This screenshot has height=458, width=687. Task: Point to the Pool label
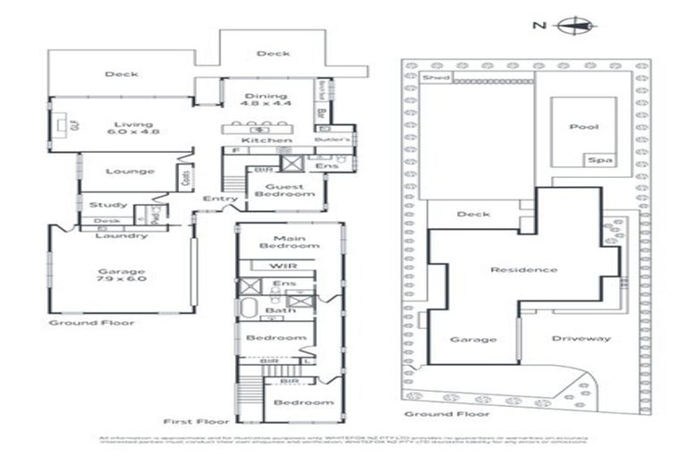coord(583,127)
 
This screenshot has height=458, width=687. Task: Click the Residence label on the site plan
coord(523,269)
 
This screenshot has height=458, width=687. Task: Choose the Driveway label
coord(581,338)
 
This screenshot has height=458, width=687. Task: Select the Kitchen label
coord(266,140)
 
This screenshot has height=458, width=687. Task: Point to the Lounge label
coord(130,172)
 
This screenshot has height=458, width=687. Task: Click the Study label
coord(108,205)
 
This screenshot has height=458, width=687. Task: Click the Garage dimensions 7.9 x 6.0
coord(123,279)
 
